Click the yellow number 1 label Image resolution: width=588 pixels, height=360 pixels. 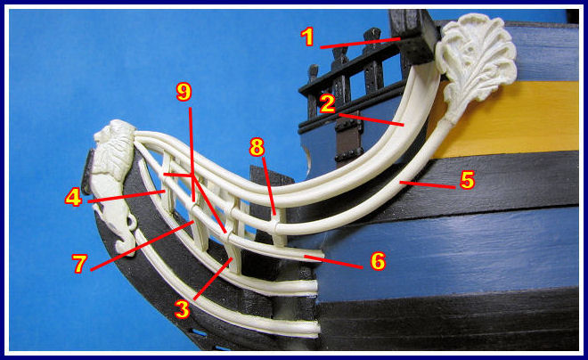pyautogui.click(x=307, y=37)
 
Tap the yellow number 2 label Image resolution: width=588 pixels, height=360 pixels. pyautogui.click(x=327, y=104)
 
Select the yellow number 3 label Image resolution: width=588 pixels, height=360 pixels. pyautogui.click(x=183, y=310)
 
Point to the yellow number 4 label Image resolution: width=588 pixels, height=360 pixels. pyautogui.click(x=73, y=197)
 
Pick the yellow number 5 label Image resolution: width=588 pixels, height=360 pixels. pyautogui.click(x=468, y=180)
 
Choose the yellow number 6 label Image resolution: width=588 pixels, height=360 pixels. pyautogui.click(x=378, y=261)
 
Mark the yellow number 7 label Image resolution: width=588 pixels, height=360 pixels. pyautogui.click(x=80, y=264)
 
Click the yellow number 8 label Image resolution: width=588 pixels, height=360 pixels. pyautogui.click(x=257, y=147)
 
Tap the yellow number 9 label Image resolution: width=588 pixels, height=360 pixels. pyautogui.click(x=184, y=93)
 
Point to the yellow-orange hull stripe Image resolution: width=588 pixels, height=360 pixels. pyautogui.click(x=506, y=119)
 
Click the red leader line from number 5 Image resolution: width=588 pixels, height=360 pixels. pyautogui.click(x=428, y=184)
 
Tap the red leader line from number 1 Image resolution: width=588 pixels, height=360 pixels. pyautogui.click(x=361, y=43)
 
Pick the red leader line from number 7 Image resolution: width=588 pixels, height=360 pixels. pyautogui.click(x=143, y=246)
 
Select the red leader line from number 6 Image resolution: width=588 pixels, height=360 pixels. pyautogui.click(x=333, y=262)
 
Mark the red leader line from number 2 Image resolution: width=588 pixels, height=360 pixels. pyautogui.click(x=372, y=119)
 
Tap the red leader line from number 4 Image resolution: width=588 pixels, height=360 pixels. pyautogui.click(x=127, y=197)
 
